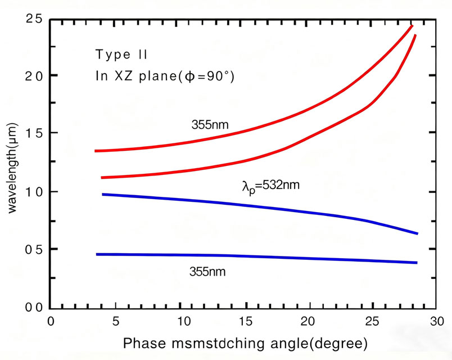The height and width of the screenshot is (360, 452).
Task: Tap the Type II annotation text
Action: [x=121, y=55]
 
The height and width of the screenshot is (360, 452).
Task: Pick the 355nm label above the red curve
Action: [x=210, y=125]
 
